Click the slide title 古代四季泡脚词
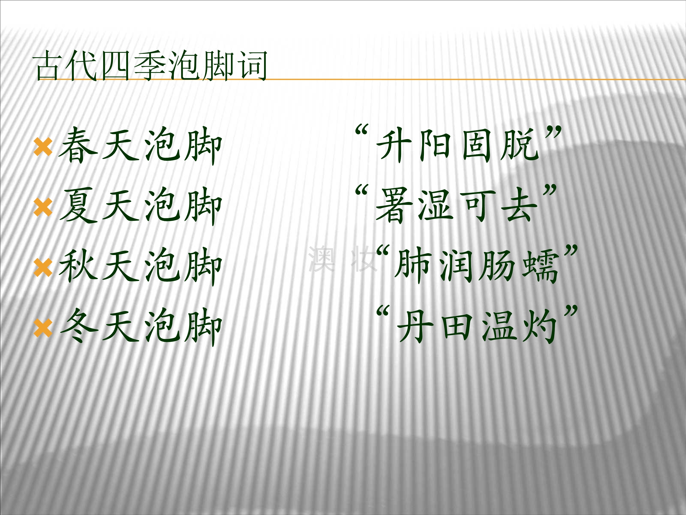coord(151,66)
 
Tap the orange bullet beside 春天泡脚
coord(43,147)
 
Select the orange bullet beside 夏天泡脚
coord(43,207)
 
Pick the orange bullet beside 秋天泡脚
coord(43,268)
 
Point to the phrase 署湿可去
coord(456,206)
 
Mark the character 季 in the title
coord(151,66)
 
